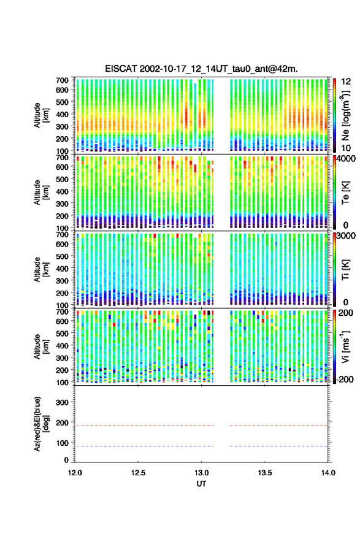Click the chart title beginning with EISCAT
pyautogui.click(x=201, y=69)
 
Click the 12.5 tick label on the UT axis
pyautogui.click(x=138, y=473)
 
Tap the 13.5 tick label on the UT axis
pyautogui.click(x=264, y=473)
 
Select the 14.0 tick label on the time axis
pyautogui.click(x=328, y=473)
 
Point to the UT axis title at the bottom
pyautogui.click(x=201, y=484)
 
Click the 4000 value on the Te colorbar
pyautogui.click(x=347, y=159)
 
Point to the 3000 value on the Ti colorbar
pyautogui.click(x=347, y=236)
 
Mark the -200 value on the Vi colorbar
pyautogui.click(x=345, y=379)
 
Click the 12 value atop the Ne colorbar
pyautogui.click(x=346, y=82)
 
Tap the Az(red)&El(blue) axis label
pyautogui.click(x=41, y=424)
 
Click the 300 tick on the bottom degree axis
pyautogui.click(x=62, y=402)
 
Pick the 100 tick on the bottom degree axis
pyautogui.click(x=62, y=443)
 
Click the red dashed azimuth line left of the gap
pyautogui.click(x=144, y=426)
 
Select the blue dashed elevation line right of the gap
pyautogui.click(x=278, y=446)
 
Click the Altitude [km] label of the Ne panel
pyautogui.click(x=41, y=115)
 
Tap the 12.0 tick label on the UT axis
pyautogui.click(x=75, y=473)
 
